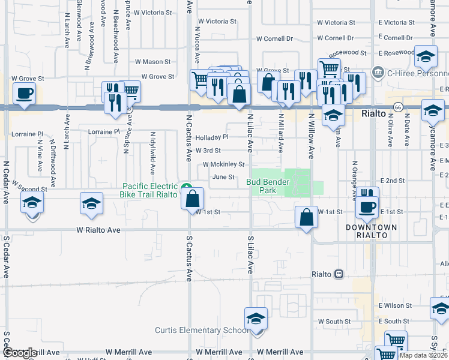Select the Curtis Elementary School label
click(202, 330)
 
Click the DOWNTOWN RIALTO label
click(372, 232)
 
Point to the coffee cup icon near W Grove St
click(24, 94)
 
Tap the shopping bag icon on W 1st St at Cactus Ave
click(193, 199)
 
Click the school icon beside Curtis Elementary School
click(256, 319)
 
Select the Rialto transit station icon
click(339, 274)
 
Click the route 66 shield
click(397, 107)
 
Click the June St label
click(223, 177)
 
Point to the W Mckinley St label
click(224, 164)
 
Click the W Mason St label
click(152, 61)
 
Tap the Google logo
click(20, 353)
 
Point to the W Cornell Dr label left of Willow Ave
click(274, 38)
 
